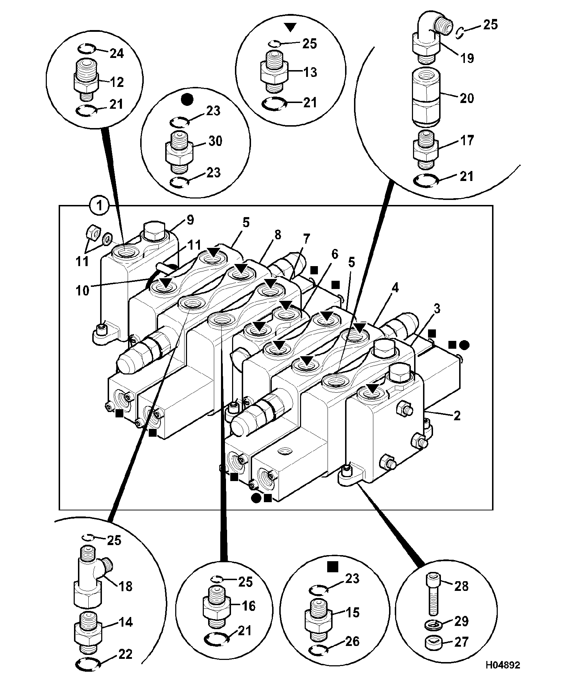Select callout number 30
coord(215,141)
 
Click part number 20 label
coord(467,98)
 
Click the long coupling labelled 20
coord(426,98)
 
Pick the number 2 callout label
coord(457,416)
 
